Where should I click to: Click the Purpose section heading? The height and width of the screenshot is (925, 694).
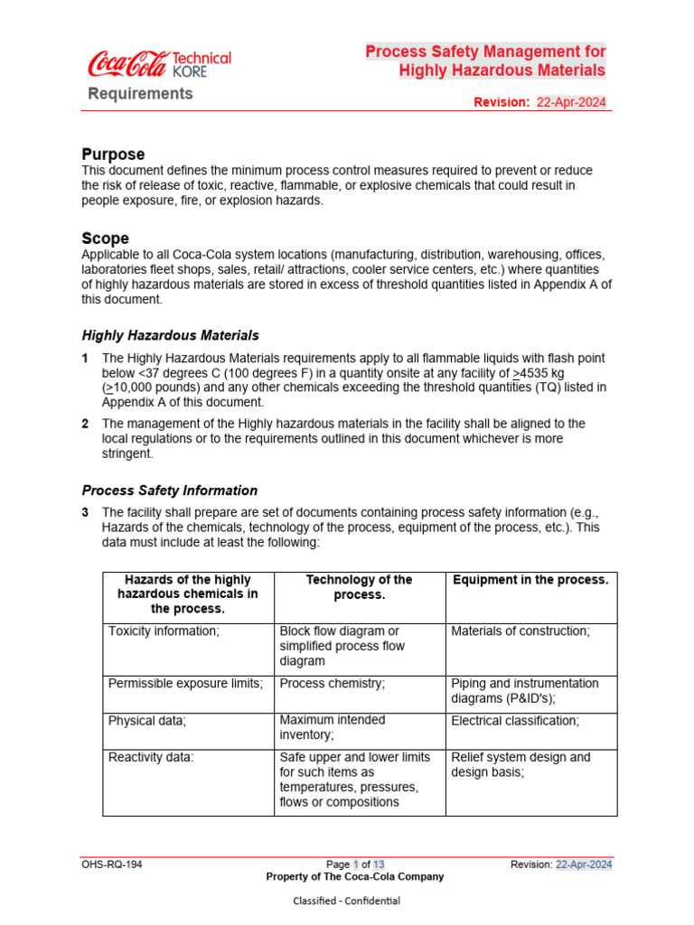coord(113,154)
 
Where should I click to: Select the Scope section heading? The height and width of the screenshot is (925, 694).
coord(105,238)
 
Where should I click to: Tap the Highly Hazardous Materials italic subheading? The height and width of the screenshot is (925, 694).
coord(170,335)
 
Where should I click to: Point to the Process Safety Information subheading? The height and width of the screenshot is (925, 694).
coord(169,491)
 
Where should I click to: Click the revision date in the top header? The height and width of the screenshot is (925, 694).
coord(571,102)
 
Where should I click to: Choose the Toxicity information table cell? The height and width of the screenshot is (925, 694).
coord(164,631)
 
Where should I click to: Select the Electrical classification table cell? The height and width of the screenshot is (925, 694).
coord(515,721)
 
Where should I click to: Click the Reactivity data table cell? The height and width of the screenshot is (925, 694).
coord(151,758)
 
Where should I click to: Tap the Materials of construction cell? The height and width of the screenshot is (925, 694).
coord(520,631)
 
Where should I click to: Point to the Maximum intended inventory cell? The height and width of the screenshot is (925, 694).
coord(332,728)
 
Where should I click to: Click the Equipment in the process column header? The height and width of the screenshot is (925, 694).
coord(530,580)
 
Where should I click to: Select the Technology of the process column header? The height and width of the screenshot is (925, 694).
coord(359,587)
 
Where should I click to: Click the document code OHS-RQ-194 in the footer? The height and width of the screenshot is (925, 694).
coord(112,864)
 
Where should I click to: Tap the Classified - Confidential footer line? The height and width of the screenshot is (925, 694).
coord(347,901)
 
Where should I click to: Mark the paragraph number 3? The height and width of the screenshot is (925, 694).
coord(85,512)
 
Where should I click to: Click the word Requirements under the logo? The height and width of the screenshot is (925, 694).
coord(140,94)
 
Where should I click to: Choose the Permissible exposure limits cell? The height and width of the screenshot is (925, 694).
coord(185,684)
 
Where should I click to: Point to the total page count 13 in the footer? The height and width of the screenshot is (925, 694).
coord(380,864)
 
